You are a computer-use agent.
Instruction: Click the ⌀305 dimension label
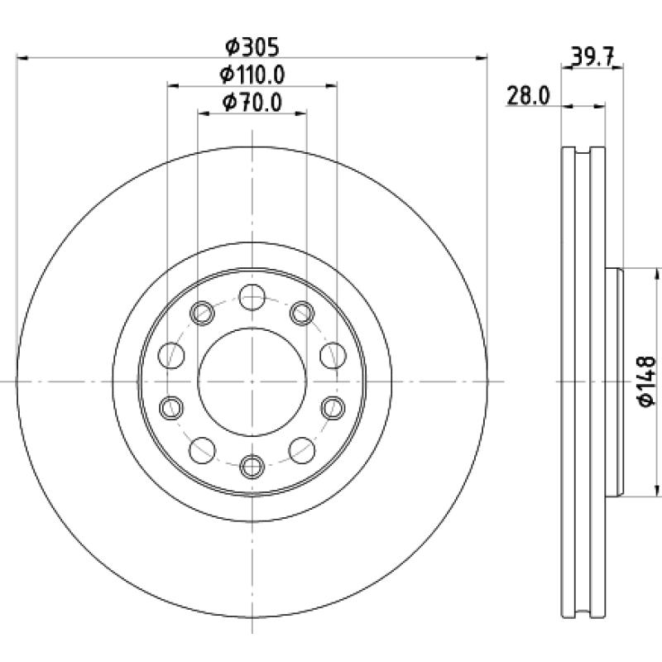[x=252, y=46]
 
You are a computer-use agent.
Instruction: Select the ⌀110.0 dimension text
[x=252, y=74]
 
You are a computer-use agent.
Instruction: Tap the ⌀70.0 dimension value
[x=252, y=103]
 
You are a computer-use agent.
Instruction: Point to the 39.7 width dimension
[x=592, y=56]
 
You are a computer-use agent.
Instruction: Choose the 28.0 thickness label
[x=528, y=95]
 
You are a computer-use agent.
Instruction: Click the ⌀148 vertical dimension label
[x=648, y=381]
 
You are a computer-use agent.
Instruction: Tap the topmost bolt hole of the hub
[x=252, y=297]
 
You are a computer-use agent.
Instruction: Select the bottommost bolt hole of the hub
[x=252, y=466]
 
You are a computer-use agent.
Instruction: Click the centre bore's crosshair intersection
[x=252, y=381]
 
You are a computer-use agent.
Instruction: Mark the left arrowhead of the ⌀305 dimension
[x=22, y=57]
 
